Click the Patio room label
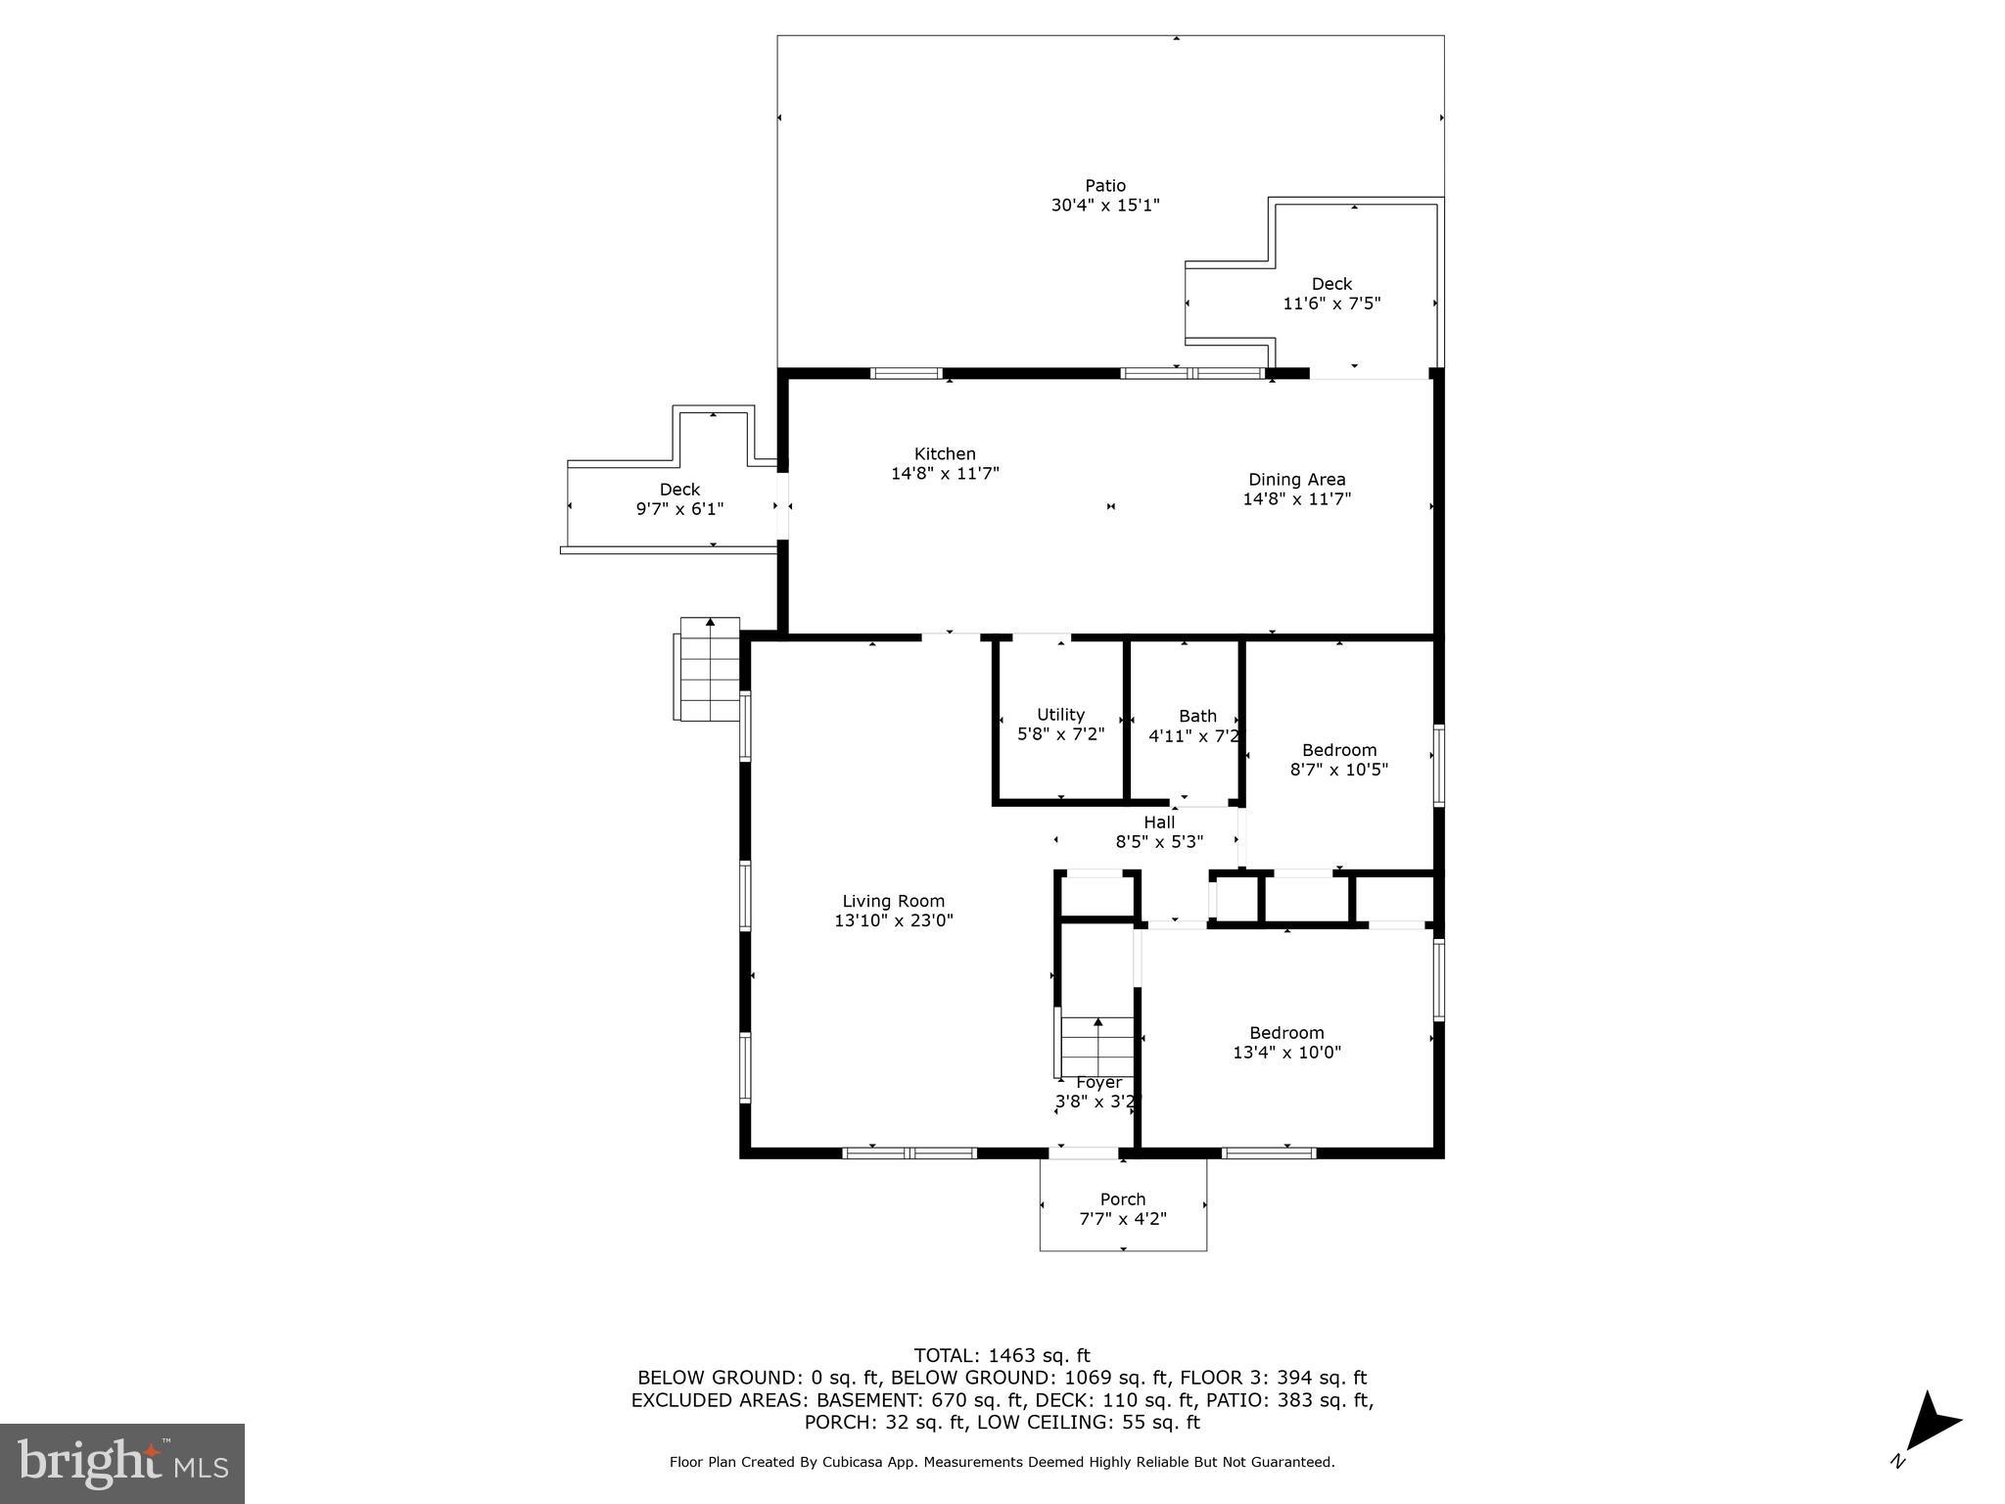point(1104,185)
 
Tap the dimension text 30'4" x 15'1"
point(1104,206)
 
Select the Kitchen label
point(945,453)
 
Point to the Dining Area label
point(1296,479)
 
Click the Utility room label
point(1060,714)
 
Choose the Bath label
point(1197,716)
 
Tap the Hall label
point(1159,822)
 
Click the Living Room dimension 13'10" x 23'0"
point(893,920)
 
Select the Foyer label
point(1098,1082)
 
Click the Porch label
point(1122,1198)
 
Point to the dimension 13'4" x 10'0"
point(1286,1053)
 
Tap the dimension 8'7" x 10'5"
point(1338,770)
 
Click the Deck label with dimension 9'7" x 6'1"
point(679,489)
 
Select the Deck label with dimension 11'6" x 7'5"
point(1331,284)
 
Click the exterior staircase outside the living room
point(707,670)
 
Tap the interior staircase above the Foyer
point(1097,1046)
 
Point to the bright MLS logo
point(122,1463)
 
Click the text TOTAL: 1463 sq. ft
point(1002,1355)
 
